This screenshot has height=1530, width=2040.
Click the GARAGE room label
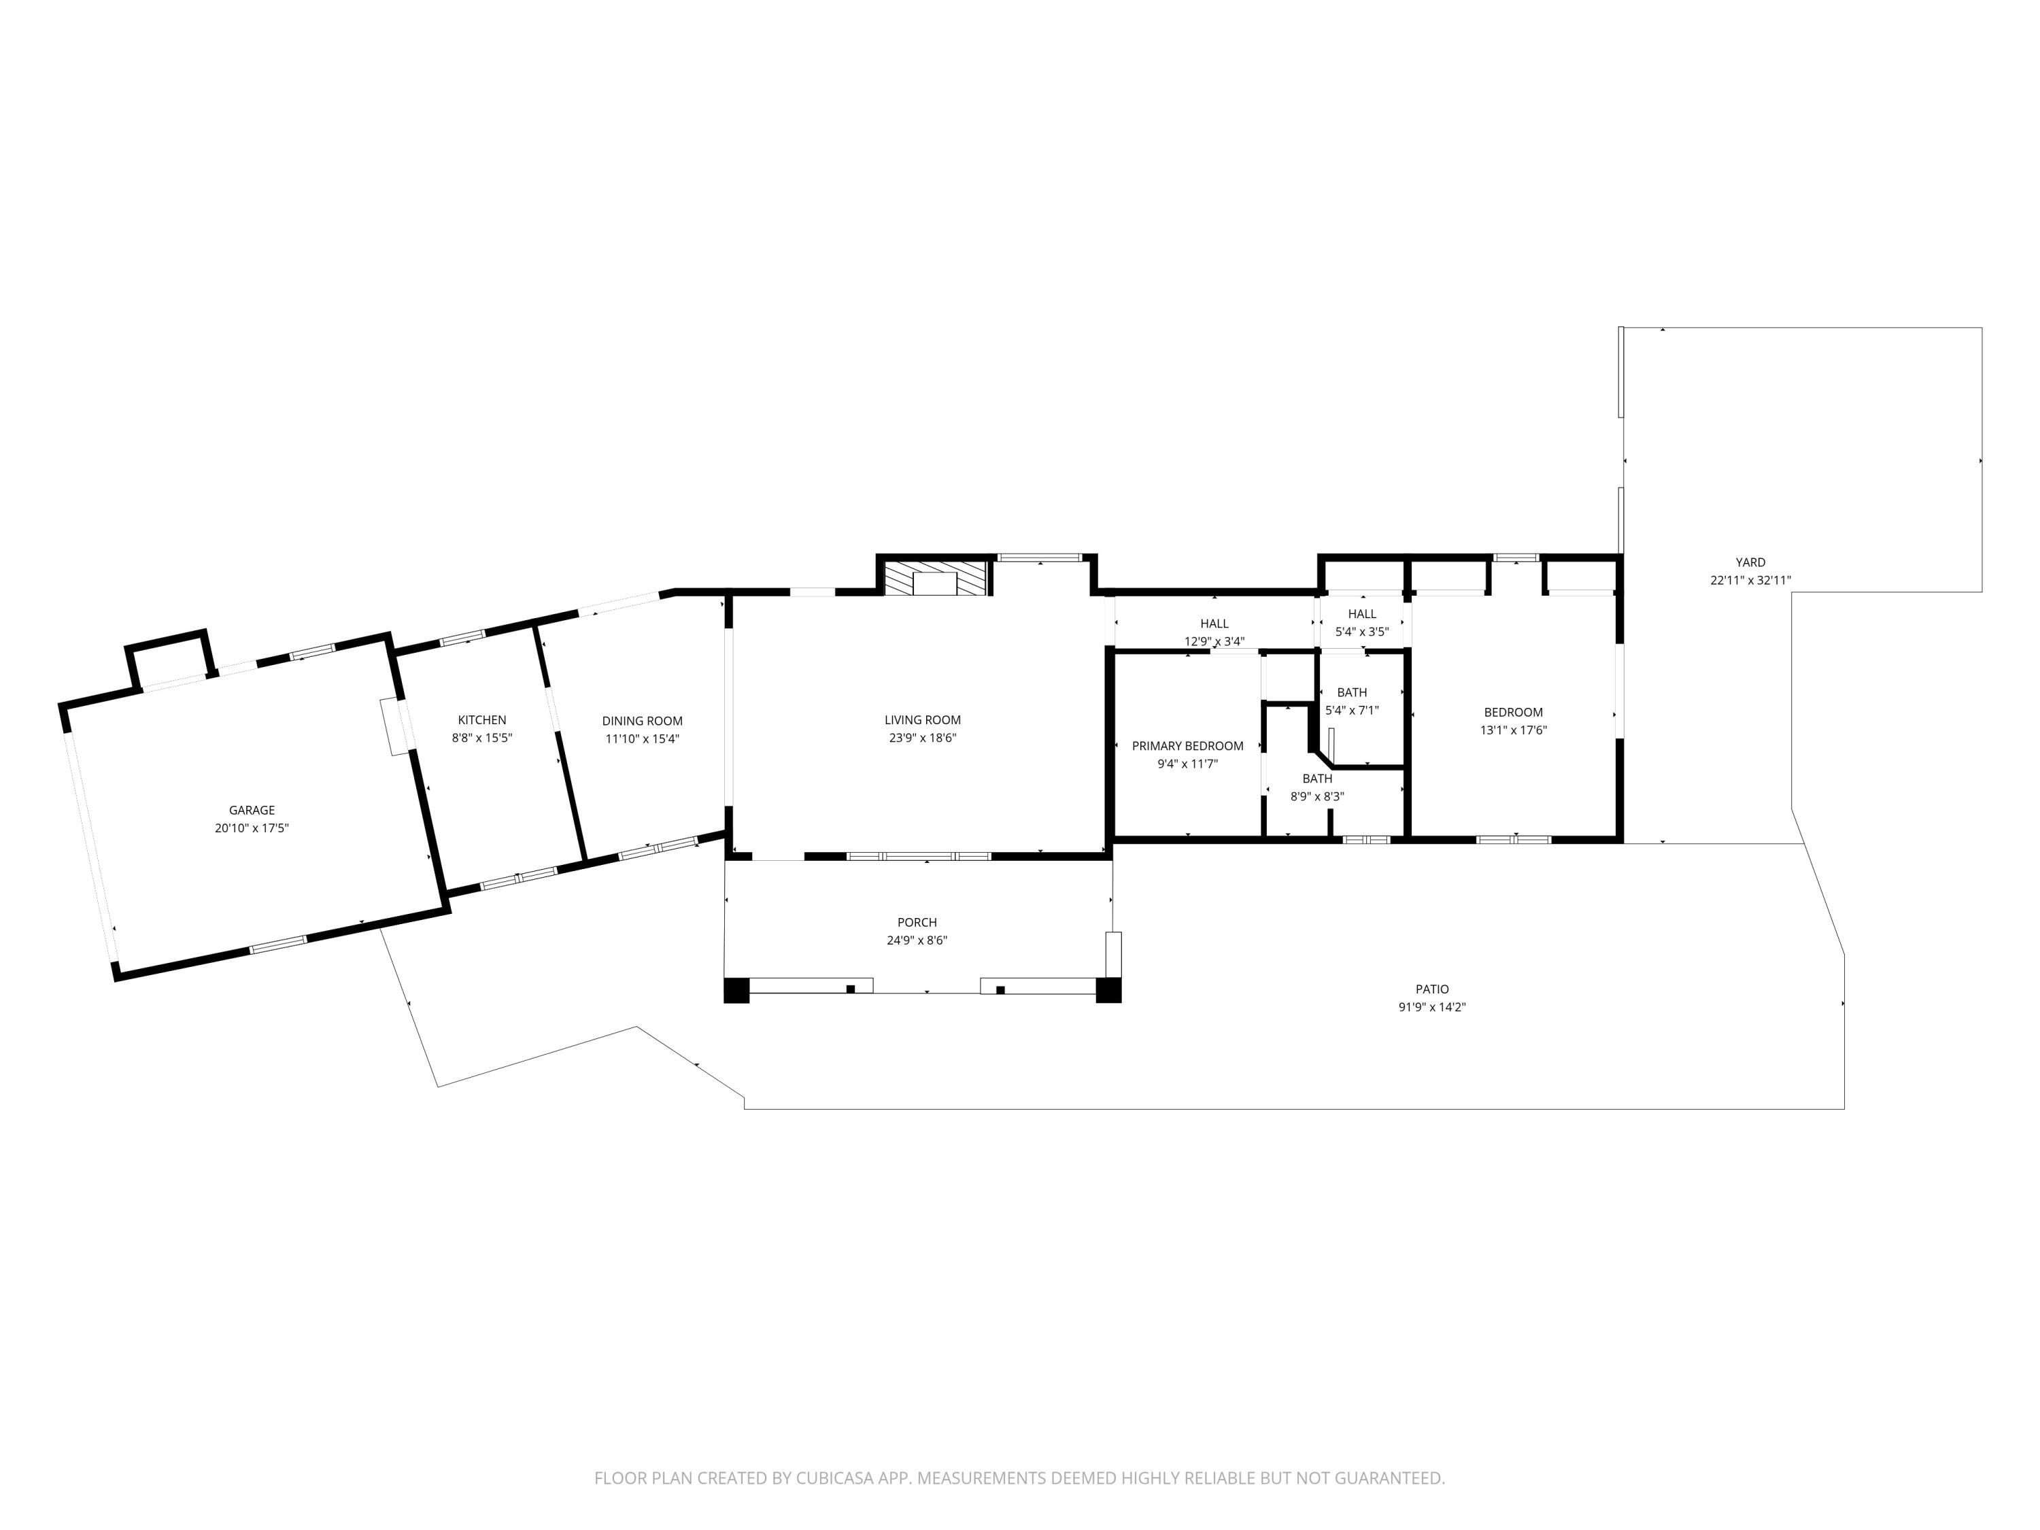tap(252, 810)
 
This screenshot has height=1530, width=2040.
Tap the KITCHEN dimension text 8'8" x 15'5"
tap(481, 738)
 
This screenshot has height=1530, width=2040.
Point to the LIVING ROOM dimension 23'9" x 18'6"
tap(921, 738)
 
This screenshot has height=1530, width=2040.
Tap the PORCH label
tap(917, 922)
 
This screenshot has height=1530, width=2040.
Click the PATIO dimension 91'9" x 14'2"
tap(1431, 1007)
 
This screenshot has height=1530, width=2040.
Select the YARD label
tap(1750, 562)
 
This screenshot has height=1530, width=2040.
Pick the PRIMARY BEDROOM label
tap(1187, 746)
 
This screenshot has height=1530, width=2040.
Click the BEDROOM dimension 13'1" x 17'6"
tap(1512, 730)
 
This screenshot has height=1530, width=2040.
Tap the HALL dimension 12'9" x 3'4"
tap(1214, 642)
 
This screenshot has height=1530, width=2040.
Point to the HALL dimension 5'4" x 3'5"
tap(1361, 632)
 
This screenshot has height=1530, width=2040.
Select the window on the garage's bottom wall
tap(277, 943)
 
